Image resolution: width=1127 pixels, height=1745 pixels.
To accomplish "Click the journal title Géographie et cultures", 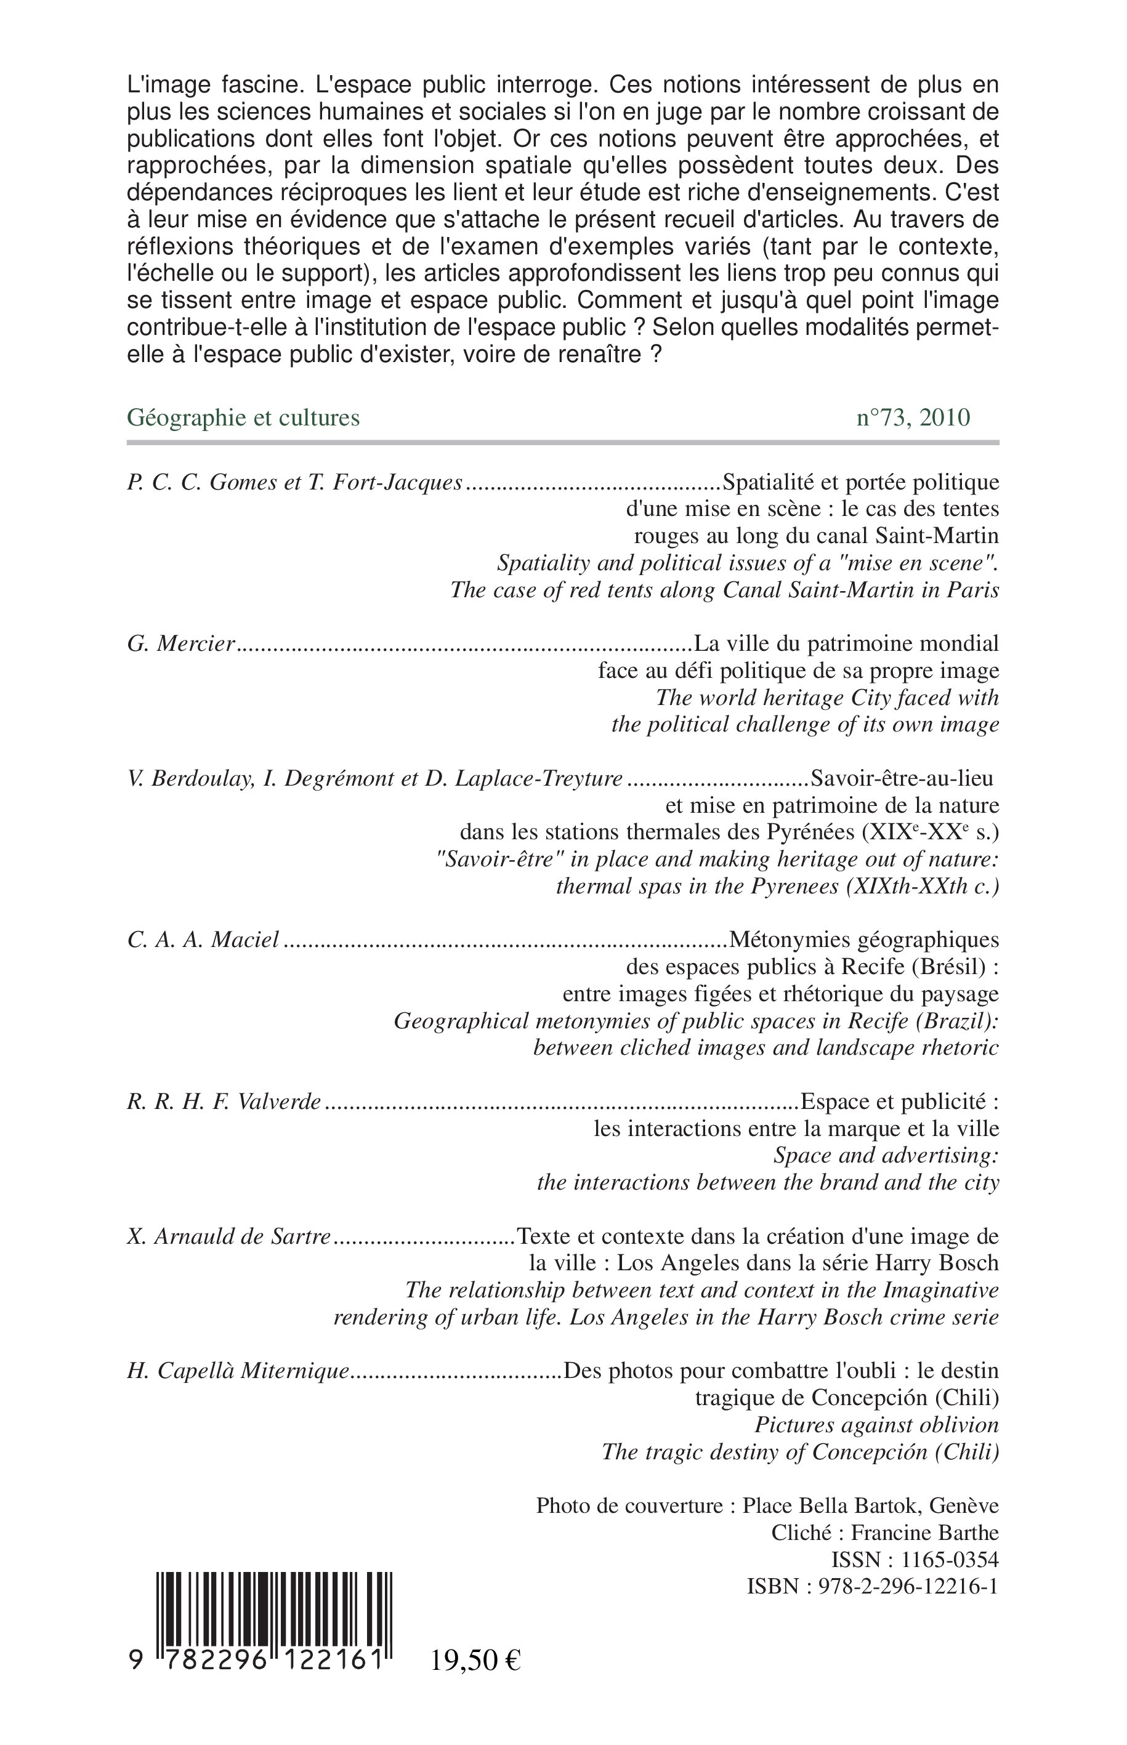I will point(244,417).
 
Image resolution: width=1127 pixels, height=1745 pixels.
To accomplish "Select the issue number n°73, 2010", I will point(913,417).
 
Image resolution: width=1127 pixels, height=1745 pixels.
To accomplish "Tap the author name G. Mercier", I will point(181,644).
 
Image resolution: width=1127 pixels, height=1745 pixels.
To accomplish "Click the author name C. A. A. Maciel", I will point(203,940).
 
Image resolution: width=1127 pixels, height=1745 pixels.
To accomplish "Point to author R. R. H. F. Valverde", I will point(224,1102).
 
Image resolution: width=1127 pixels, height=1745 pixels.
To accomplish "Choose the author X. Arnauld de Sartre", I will point(229,1237).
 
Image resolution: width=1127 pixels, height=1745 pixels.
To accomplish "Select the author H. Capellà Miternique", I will point(238,1372).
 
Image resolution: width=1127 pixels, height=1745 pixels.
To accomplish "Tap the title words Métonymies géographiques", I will point(863,940).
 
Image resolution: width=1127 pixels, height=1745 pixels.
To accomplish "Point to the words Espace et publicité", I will point(899,1102).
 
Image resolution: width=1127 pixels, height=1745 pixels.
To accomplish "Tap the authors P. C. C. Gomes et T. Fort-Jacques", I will point(295,483).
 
